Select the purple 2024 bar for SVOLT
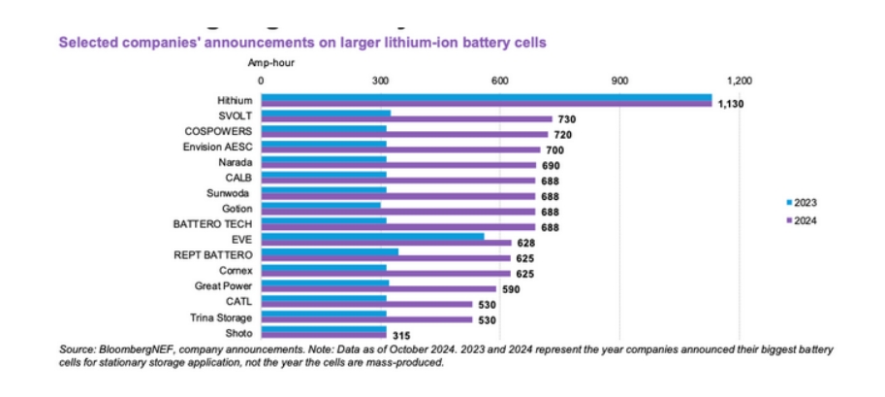pyautogui.click(x=407, y=119)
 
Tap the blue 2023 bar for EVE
pyautogui.click(x=373, y=235)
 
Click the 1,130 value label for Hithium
pyautogui.click(x=730, y=103)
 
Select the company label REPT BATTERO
pyautogui.click(x=213, y=254)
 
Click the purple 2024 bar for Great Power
pyautogui.click(x=379, y=289)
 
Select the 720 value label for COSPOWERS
pyautogui.click(x=563, y=134)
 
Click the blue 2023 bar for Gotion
pyautogui.click(x=322, y=205)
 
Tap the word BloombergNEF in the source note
pyautogui.click(x=121, y=348)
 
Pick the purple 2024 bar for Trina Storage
pyautogui.click(x=367, y=320)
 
